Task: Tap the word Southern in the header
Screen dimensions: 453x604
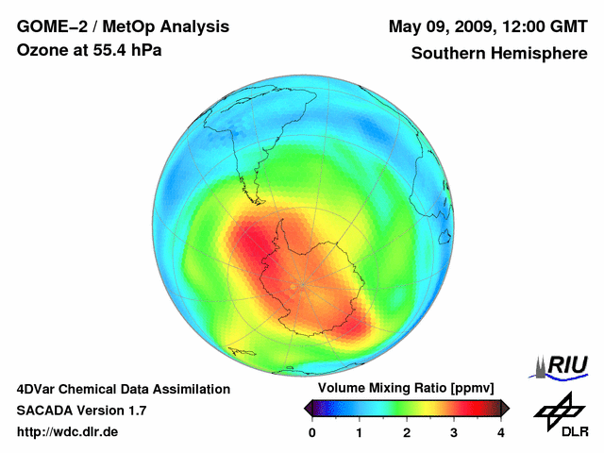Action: [x=446, y=54]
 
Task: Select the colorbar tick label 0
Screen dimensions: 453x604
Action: [x=312, y=432]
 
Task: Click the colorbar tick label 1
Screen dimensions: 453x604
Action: [x=360, y=432]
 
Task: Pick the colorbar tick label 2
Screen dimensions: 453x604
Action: [x=407, y=432]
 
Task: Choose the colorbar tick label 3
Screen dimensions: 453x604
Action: [x=454, y=432]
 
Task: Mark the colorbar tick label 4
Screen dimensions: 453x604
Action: [x=501, y=432]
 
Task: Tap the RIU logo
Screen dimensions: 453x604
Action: [x=564, y=364]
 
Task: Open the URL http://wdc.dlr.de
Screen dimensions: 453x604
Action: [x=68, y=432]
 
